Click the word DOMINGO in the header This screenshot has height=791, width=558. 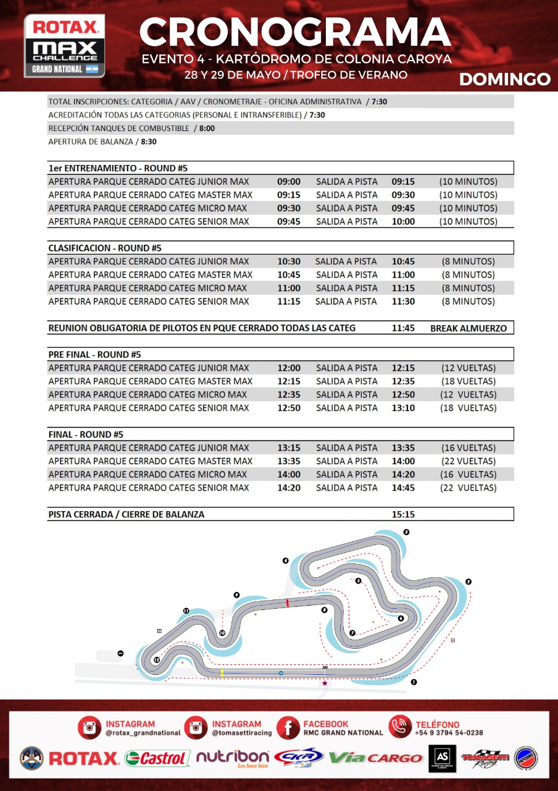504,79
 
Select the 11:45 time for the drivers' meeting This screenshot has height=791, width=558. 403,328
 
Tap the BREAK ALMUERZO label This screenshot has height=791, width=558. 468,328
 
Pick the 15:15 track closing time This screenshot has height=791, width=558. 403,514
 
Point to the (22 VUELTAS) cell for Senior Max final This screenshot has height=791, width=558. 468,488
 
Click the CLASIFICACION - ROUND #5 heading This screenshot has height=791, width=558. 105,248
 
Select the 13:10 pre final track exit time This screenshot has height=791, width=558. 403,408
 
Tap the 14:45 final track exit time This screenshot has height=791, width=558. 403,488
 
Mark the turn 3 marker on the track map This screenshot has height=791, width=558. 406,532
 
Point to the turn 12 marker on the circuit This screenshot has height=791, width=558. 157,660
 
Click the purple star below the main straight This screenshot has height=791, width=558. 325,683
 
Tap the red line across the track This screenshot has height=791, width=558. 287,603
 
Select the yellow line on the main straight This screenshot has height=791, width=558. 222,672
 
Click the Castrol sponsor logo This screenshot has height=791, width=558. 157,758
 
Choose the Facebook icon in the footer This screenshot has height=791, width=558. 288,728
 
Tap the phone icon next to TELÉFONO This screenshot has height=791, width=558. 400,728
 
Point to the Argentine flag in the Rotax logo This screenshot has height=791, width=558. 92,69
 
